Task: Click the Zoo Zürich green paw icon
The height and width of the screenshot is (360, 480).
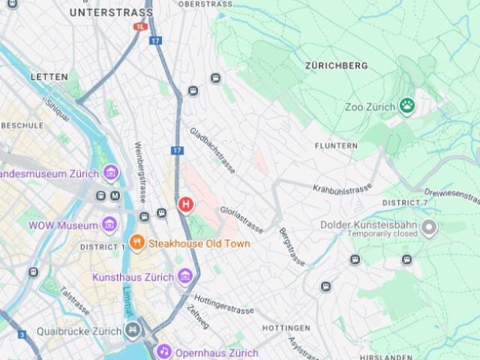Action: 407,106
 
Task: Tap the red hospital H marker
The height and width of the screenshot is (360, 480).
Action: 184,204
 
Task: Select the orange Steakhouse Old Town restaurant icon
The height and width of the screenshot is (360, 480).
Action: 136,242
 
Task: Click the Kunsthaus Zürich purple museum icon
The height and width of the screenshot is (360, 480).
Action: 185,277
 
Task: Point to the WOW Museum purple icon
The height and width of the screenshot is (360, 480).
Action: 109,224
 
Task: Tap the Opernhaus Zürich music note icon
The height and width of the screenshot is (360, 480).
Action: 163,351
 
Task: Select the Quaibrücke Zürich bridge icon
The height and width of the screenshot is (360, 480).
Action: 133,329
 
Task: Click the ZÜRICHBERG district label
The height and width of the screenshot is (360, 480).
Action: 336,66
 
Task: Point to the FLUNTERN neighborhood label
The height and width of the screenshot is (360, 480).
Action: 336,145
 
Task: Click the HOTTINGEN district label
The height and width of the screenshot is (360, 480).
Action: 286,328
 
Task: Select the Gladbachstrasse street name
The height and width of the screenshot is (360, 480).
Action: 212,150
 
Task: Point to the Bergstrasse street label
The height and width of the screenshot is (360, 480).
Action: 292,247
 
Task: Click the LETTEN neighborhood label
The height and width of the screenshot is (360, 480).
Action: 49,76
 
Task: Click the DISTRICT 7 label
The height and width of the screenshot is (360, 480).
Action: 404,203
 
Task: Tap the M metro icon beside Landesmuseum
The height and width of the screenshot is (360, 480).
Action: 115,195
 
